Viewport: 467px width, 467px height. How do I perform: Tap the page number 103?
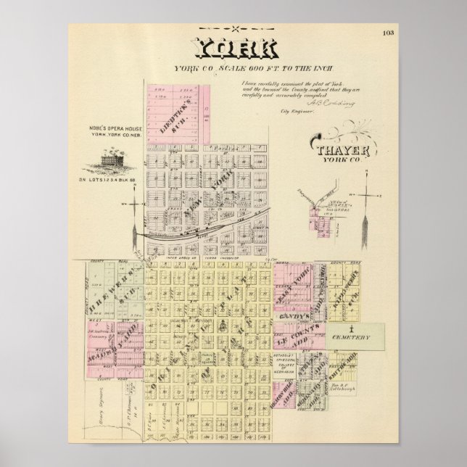389,33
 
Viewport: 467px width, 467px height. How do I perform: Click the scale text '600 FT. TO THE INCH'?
247,68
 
